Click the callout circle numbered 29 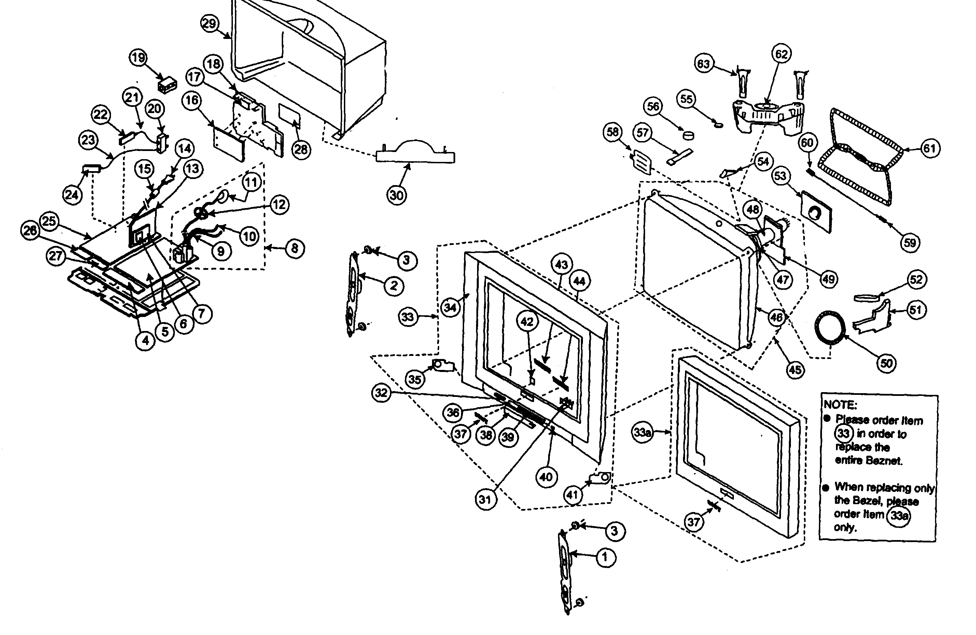tap(210, 23)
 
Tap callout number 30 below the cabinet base tap(396, 195)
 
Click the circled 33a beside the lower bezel tap(642, 432)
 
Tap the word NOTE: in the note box tap(840, 405)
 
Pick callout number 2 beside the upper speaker tap(394, 286)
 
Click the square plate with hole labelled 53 tap(816, 212)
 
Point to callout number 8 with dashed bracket tap(294, 248)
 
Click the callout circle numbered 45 tap(795, 370)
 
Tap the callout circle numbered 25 tap(49, 221)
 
